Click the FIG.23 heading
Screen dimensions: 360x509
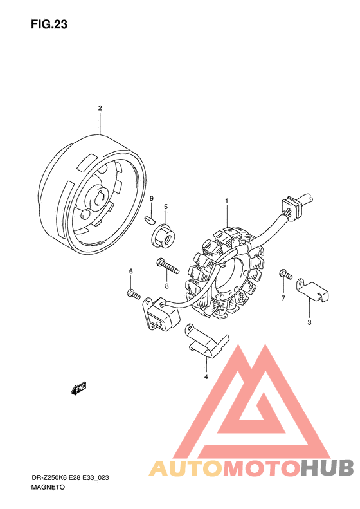(49, 24)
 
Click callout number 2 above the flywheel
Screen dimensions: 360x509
(100, 108)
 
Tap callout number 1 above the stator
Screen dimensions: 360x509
(227, 201)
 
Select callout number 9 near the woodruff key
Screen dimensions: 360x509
(152, 199)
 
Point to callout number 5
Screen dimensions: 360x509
(166, 207)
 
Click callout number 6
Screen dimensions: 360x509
(131, 271)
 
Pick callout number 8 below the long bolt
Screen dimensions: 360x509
(166, 286)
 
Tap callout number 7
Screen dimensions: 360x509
(283, 298)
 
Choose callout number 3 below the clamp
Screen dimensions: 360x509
(309, 322)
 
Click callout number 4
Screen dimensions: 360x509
(206, 376)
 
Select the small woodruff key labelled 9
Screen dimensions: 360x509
(149, 219)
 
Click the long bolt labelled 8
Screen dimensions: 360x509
(168, 266)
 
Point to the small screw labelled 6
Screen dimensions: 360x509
(134, 293)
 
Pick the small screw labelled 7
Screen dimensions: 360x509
(285, 274)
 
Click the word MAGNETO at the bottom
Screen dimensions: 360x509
(48, 487)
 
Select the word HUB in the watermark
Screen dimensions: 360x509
(327, 468)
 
